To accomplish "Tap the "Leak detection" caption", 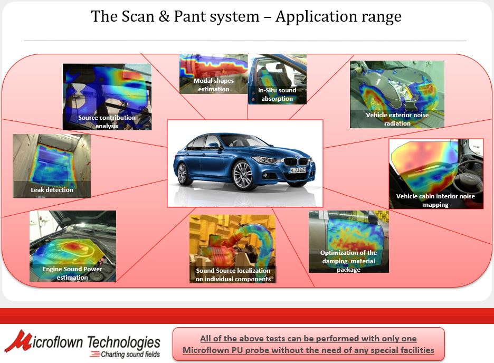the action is coord(52,190).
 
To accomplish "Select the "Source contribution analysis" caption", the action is coord(107,121).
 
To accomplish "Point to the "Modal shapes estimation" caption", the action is coord(214,85).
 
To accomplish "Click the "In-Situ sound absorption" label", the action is coord(277,94).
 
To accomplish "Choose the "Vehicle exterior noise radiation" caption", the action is coord(397,119).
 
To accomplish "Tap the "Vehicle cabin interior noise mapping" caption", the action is coord(435,200).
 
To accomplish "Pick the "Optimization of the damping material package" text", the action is coord(348,261).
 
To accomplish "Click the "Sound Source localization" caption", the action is coord(233,271).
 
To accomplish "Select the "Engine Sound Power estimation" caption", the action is coord(72,273).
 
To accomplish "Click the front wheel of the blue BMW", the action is coord(243,175).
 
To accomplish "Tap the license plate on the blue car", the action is coord(298,170).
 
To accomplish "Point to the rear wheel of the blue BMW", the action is coord(183,174).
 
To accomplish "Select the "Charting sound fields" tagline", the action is coord(130,354).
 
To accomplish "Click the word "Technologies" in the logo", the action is coord(123,342).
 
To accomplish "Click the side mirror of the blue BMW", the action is coord(214,145).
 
